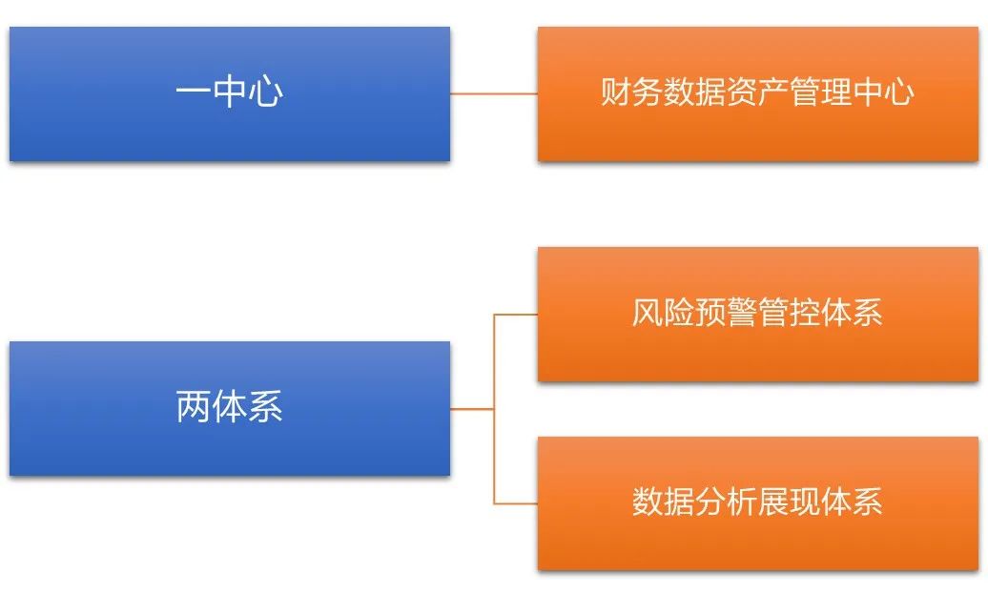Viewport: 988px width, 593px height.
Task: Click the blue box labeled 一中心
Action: (x=229, y=93)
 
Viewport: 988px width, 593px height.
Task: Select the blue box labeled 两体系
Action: (x=229, y=408)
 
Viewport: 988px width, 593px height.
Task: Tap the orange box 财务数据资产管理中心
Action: (x=757, y=93)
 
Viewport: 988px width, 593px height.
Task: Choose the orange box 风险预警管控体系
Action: (x=757, y=314)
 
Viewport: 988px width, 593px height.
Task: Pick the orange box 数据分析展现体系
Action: (x=757, y=503)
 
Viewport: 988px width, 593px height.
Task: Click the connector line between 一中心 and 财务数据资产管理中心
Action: (x=494, y=93)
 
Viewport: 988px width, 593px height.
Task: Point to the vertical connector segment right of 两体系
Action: (x=494, y=409)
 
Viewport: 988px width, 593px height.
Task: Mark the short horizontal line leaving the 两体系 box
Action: (x=472, y=409)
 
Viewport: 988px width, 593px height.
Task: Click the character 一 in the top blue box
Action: (x=193, y=92)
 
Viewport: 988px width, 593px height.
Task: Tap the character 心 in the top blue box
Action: (x=265, y=92)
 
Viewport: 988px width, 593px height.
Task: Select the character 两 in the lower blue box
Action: (x=193, y=406)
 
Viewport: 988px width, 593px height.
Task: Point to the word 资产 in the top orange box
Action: (x=757, y=92)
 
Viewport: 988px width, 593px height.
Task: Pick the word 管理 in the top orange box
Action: (x=820, y=92)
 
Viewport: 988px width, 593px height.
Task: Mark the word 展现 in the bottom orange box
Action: (x=789, y=501)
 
